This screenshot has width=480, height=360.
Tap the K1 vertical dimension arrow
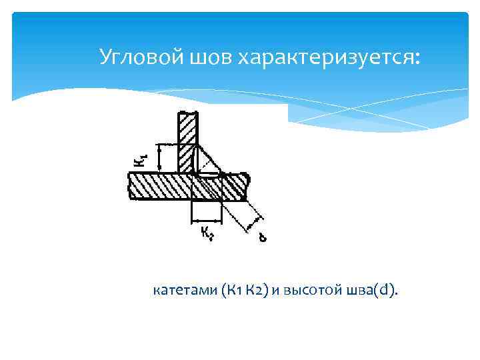(159, 159)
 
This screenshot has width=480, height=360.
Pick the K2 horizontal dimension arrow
(207, 221)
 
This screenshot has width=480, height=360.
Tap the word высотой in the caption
(313, 290)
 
